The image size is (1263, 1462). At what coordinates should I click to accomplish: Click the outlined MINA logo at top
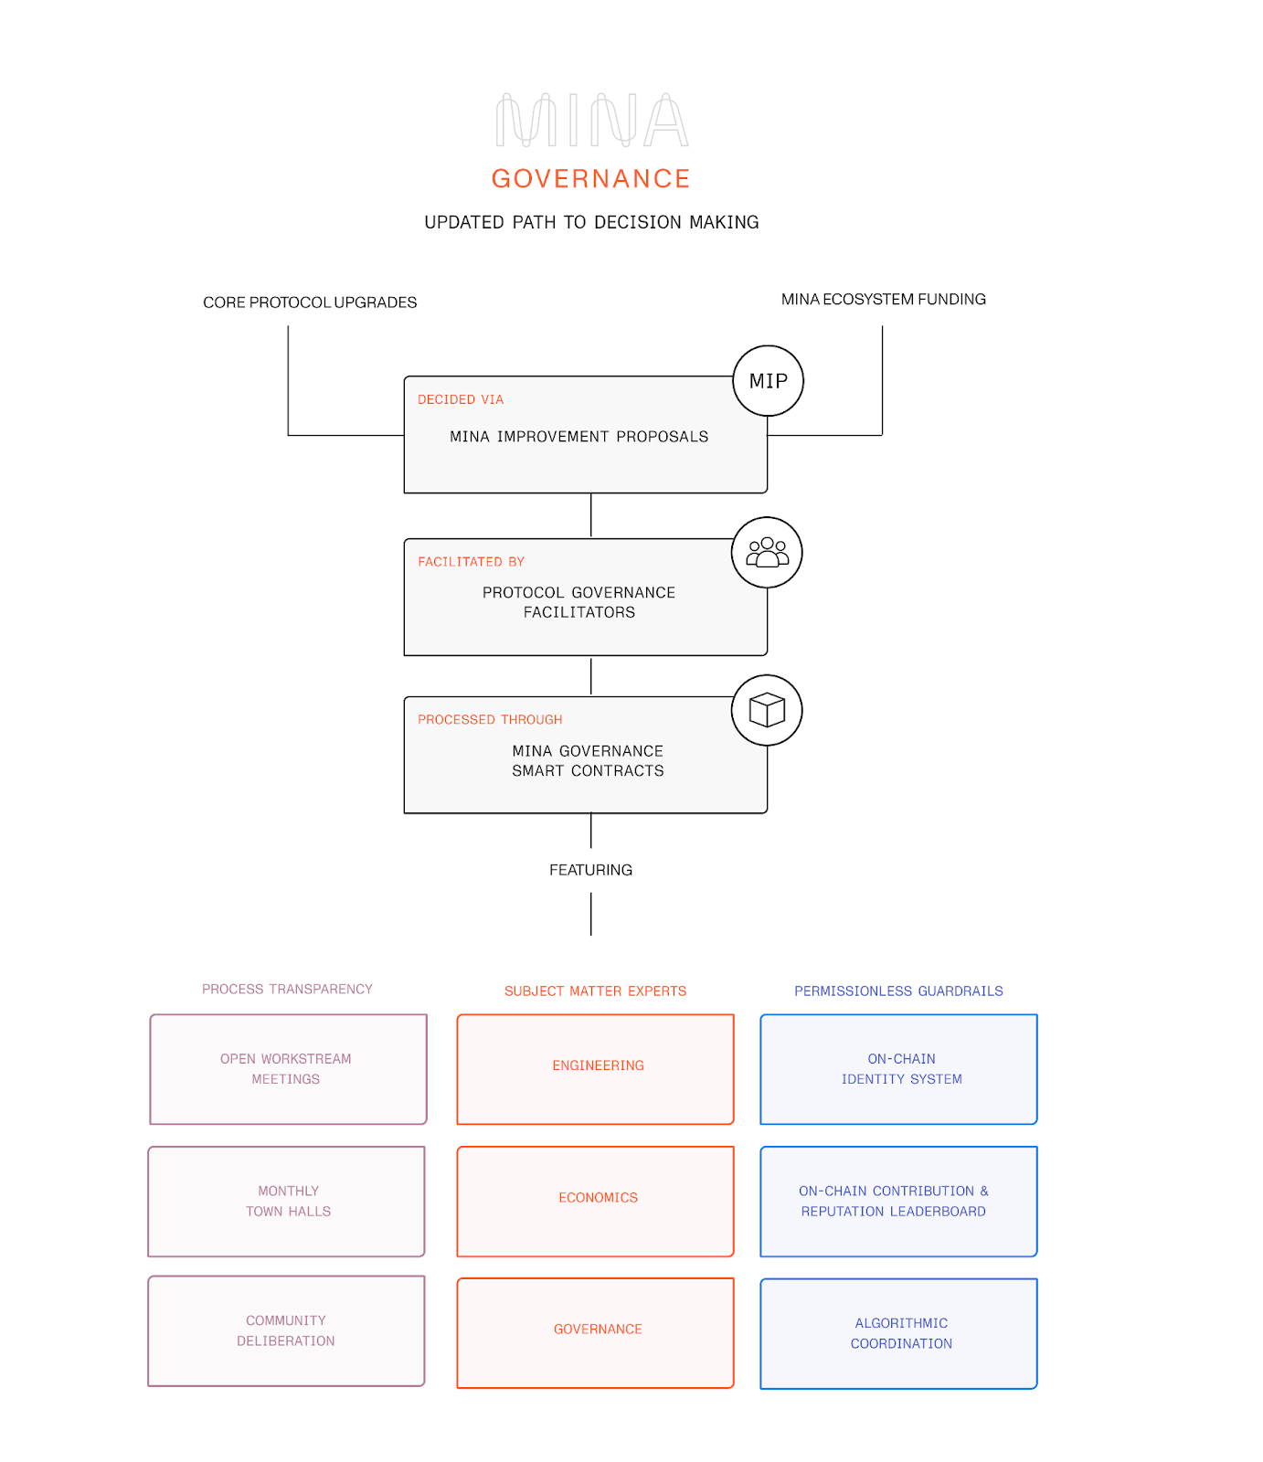[x=591, y=120]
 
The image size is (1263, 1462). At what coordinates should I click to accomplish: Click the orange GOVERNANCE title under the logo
[x=591, y=179]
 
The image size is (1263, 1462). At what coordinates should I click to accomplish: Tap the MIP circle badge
[x=768, y=381]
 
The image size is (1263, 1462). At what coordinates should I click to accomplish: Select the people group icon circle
[x=767, y=553]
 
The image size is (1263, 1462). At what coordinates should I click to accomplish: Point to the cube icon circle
[x=767, y=710]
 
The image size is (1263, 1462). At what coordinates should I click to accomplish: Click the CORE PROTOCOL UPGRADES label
[x=310, y=302]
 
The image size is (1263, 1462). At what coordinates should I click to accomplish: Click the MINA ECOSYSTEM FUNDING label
[x=883, y=300]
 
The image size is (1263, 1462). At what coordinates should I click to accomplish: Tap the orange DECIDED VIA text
[x=461, y=400]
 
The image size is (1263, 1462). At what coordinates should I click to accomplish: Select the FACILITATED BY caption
[x=472, y=562]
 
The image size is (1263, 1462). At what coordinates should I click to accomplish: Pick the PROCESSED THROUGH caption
[x=490, y=720]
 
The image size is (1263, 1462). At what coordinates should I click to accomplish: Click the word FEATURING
[x=590, y=870]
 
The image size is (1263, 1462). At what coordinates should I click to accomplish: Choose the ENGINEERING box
[x=596, y=1068]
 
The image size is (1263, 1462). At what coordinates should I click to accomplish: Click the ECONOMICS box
[x=596, y=1201]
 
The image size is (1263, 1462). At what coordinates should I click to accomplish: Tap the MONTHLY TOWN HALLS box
[x=287, y=1201]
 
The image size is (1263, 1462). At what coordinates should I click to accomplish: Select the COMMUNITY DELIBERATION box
[x=287, y=1330]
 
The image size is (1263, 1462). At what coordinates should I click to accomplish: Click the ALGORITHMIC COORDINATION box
[x=898, y=1333]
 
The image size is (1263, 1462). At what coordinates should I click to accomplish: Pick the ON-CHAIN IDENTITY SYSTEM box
[x=898, y=1068]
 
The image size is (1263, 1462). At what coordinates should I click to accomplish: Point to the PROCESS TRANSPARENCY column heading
[x=287, y=990]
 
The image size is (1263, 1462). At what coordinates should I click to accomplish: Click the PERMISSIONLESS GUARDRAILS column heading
[x=898, y=991]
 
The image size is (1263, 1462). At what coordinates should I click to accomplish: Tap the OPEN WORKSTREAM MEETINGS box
[x=288, y=1068]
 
